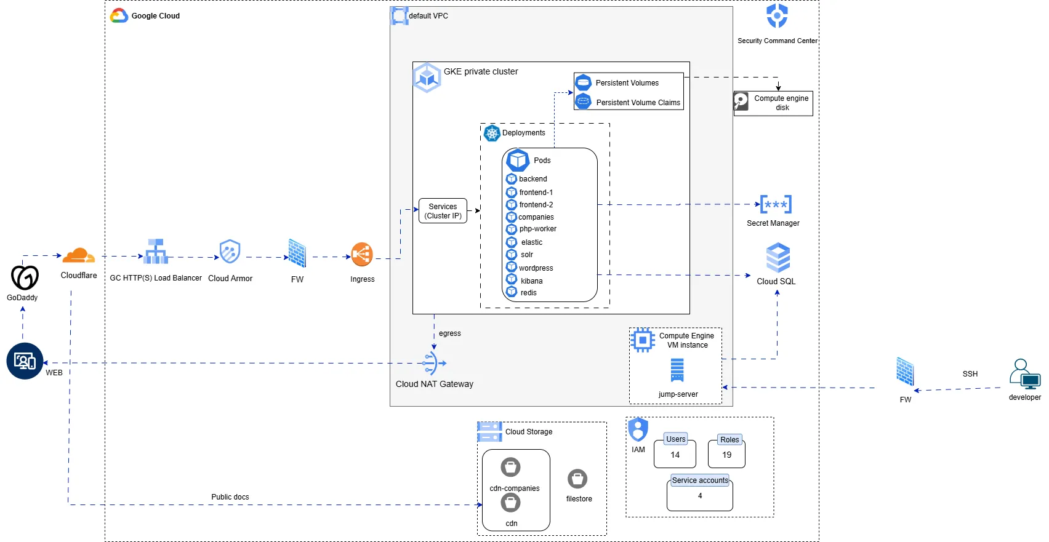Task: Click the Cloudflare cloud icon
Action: coord(79,255)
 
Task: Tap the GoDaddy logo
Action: coord(25,278)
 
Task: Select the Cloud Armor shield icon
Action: coord(230,252)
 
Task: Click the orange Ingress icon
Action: coord(362,255)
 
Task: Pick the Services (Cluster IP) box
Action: coord(443,211)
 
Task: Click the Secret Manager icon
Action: coord(776,204)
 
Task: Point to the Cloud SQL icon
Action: coord(778,257)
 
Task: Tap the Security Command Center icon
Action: coord(777,16)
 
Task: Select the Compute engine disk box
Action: coord(773,103)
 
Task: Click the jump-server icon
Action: coord(677,370)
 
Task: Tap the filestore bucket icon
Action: coord(577,479)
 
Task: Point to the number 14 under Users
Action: coord(675,455)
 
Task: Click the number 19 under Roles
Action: coord(726,455)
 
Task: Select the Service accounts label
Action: coord(700,480)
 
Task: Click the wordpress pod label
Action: coord(536,268)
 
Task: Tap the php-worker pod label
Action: coord(537,229)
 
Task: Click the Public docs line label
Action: coord(230,497)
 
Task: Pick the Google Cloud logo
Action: coord(119,16)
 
